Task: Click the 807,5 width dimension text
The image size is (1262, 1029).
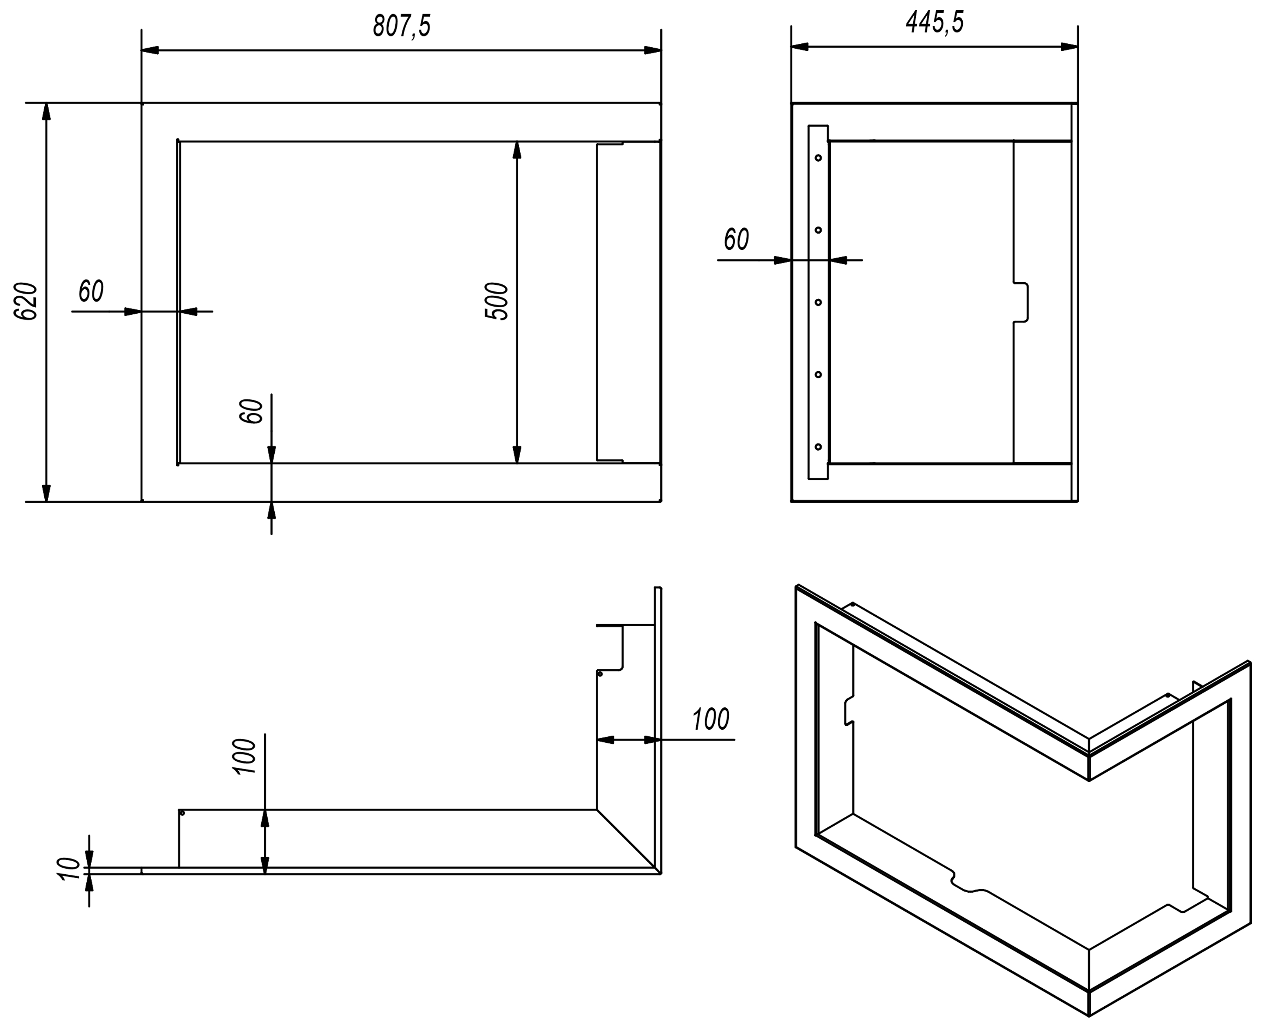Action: (401, 27)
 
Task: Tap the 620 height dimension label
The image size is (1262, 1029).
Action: (26, 302)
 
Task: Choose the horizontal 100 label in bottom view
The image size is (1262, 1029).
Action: (711, 720)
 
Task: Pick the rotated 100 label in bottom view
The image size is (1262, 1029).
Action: (244, 756)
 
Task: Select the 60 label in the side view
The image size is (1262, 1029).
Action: (736, 239)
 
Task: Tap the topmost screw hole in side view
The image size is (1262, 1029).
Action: (818, 158)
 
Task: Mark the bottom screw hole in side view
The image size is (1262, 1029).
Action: (818, 446)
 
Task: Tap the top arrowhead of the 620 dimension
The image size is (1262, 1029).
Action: (47, 112)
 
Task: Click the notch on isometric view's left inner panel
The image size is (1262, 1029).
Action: (849, 710)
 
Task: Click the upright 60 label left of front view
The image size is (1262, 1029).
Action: (91, 291)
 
